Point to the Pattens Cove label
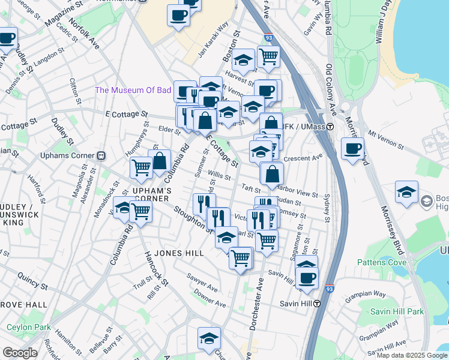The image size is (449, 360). (382, 262)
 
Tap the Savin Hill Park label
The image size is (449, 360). (397, 311)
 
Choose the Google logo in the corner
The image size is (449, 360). (20, 353)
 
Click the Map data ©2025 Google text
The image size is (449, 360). (411, 355)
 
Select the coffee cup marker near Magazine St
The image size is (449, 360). (8, 39)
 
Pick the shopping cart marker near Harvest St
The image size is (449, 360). (269, 57)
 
